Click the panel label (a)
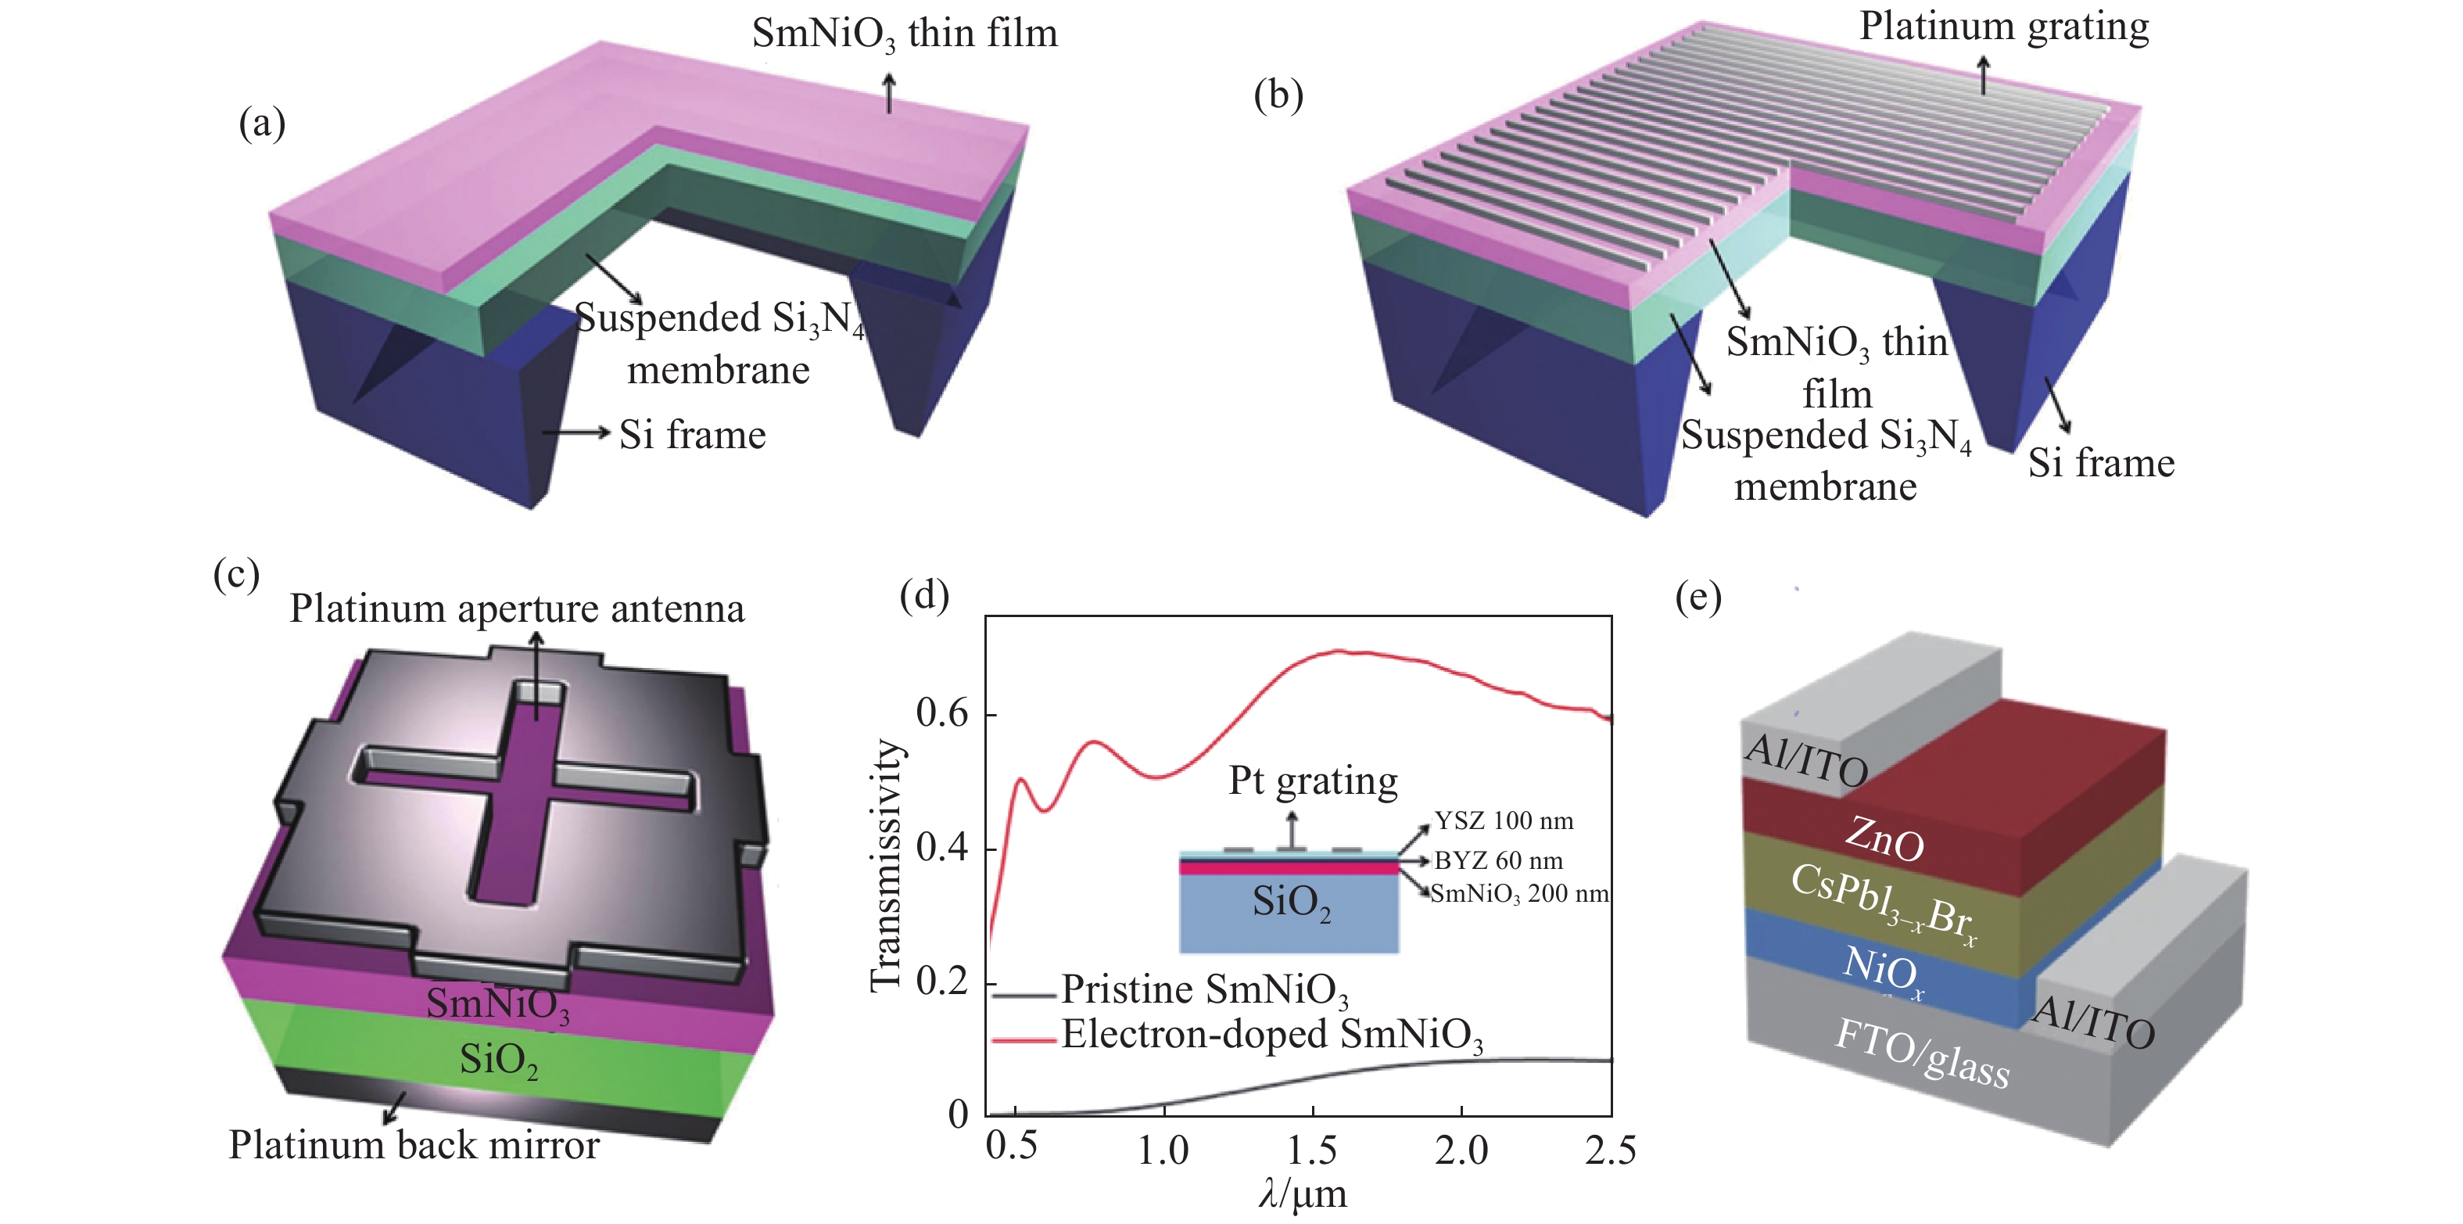click(262, 124)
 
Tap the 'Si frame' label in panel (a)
click(692, 435)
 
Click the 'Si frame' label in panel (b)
click(2101, 463)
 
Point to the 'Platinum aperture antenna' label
click(516, 609)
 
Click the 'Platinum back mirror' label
click(414, 1145)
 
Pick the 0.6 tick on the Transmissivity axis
click(941, 713)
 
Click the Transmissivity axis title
click(887, 866)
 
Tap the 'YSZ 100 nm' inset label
click(1503, 820)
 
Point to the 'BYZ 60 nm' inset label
click(1498, 860)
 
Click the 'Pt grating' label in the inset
click(1313, 781)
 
